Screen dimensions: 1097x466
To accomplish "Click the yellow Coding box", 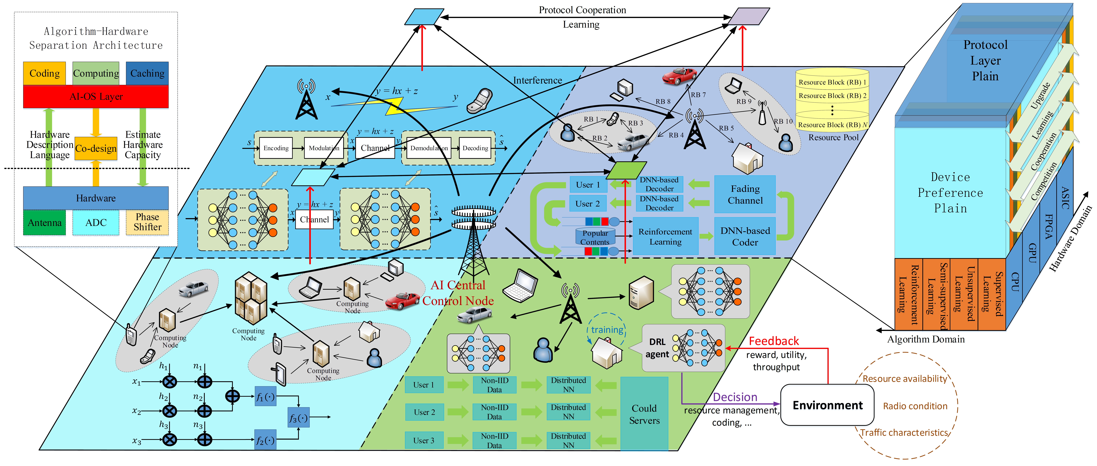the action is click(44, 73).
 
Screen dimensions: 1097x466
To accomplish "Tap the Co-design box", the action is click(96, 148).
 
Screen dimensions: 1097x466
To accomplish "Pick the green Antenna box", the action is click(44, 222).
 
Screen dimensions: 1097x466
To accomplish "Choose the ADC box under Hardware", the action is click(96, 222).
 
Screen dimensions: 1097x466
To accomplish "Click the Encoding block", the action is click(276, 148).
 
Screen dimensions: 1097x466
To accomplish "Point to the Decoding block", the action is click(475, 148).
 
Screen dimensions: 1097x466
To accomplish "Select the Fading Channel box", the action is click(745, 194).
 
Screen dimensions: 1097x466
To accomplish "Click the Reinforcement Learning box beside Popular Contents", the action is click(665, 236).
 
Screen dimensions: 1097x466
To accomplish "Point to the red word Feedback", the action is click(774, 341).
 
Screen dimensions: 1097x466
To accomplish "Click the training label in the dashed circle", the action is click(607, 330).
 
